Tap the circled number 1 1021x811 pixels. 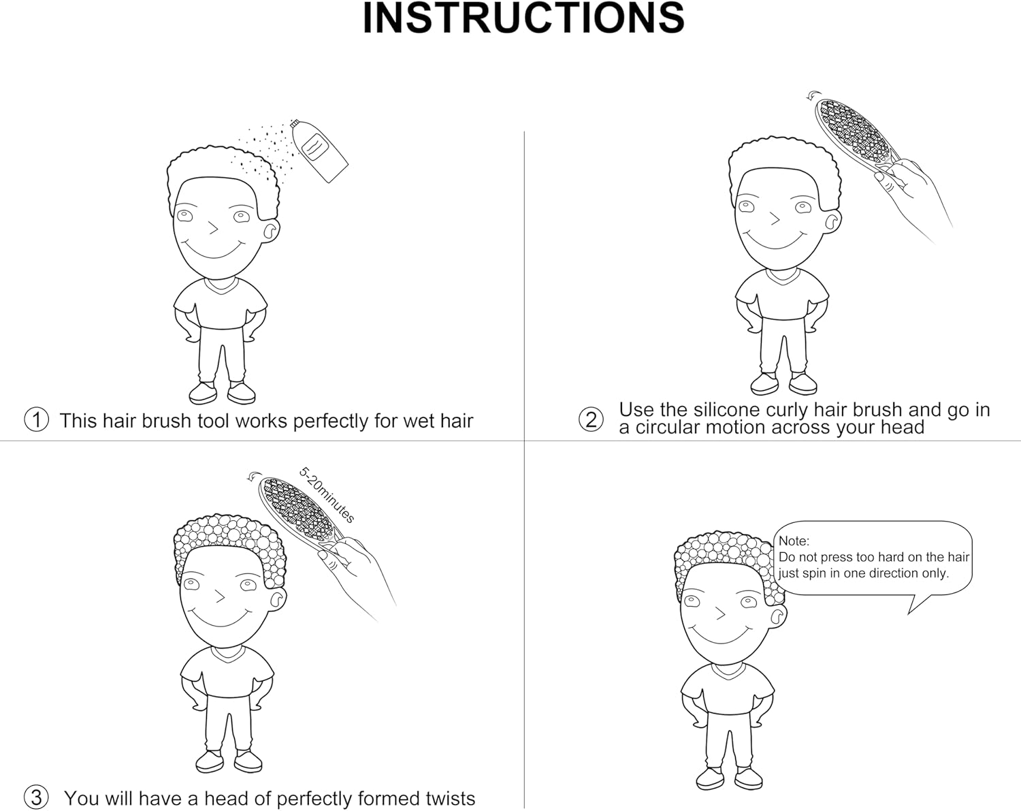tap(36, 419)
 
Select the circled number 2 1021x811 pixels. tap(591, 419)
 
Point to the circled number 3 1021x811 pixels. tap(36, 797)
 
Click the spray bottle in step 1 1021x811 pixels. tap(319, 150)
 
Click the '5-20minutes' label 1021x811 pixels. tap(327, 495)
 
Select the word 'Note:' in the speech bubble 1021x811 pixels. tap(794, 541)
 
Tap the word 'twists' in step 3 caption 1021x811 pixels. tap(450, 799)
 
